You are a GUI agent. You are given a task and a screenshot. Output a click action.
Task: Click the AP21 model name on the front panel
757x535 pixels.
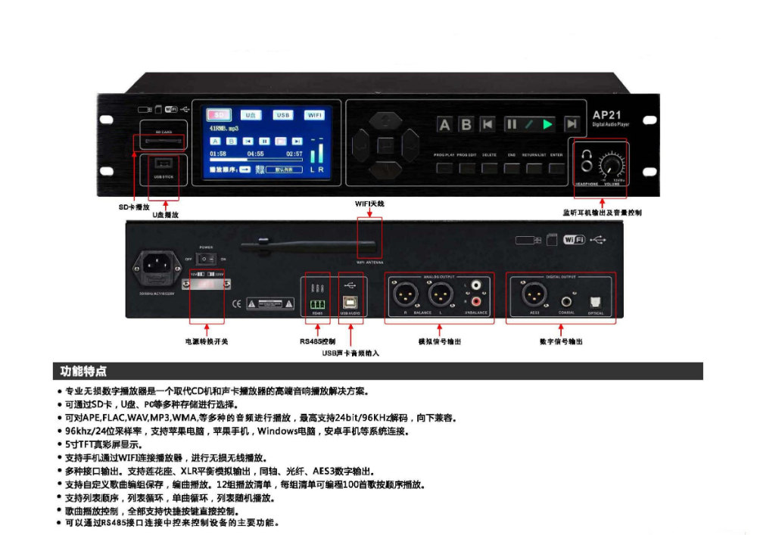click(x=607, y=114)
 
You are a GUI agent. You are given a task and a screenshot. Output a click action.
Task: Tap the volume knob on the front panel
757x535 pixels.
click(x=612, y=165)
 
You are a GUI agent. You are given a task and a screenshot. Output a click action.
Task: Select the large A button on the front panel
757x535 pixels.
click(x=445, y=125)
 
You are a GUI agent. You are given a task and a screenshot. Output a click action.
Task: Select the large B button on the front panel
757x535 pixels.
click(x=466, y=125)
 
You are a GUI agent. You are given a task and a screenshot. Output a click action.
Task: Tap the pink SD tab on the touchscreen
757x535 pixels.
click(x=220, y=115)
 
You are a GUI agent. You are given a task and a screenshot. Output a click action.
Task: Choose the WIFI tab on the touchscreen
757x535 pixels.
click(x=314, y=115)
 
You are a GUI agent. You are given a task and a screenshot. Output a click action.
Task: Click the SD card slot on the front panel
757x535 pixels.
click(x=162, y=142)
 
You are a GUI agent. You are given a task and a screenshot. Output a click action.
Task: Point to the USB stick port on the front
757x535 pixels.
click(x=163, y=163)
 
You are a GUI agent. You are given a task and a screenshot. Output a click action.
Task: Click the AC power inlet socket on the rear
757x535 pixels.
click(x=157, y=266)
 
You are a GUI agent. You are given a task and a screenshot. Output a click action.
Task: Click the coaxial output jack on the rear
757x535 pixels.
click(x=565, y=300)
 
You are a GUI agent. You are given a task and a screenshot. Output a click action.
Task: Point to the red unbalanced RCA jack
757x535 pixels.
click(x=476, y=301)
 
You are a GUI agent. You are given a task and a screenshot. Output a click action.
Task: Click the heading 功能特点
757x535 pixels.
click(x=84, y=371)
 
